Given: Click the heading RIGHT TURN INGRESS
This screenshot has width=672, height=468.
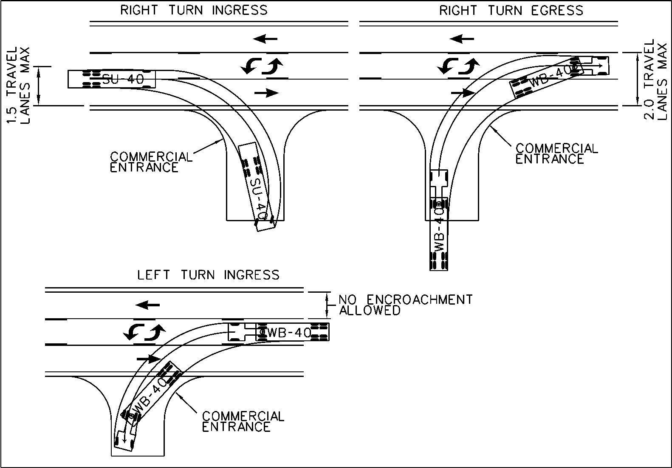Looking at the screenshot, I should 194,10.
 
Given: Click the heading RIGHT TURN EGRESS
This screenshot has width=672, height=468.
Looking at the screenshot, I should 511,10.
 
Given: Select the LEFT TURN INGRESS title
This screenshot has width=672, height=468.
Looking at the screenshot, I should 208,275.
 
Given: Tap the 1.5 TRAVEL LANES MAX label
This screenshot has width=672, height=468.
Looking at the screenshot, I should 20,85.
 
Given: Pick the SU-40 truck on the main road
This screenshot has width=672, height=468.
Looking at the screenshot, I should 111,79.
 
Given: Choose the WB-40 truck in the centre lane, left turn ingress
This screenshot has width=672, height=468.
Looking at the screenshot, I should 278,332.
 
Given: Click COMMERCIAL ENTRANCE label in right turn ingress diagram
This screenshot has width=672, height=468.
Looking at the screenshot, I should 151,162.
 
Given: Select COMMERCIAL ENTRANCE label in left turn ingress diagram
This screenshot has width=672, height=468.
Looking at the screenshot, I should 243,421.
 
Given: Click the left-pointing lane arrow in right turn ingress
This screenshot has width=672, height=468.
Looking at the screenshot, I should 265,39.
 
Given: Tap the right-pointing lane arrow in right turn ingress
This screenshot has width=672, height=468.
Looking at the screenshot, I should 266,92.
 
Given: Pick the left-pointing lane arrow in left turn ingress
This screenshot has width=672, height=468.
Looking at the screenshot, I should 148,305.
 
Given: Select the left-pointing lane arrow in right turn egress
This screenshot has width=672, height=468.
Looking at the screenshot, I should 462,39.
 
